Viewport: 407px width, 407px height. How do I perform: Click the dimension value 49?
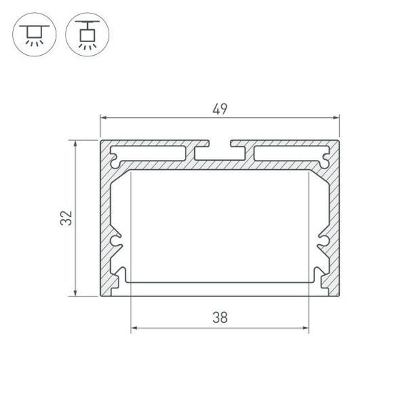tap(219, 109)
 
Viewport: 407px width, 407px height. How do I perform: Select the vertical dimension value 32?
tap(66, 218)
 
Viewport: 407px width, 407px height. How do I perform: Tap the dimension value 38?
tap(219, 318)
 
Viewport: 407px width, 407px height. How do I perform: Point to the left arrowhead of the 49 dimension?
tap(103, 119)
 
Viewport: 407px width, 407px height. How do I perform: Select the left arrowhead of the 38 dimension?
tap(135, 329)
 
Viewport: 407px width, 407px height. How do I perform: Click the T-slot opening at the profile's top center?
tap(219, 151)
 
